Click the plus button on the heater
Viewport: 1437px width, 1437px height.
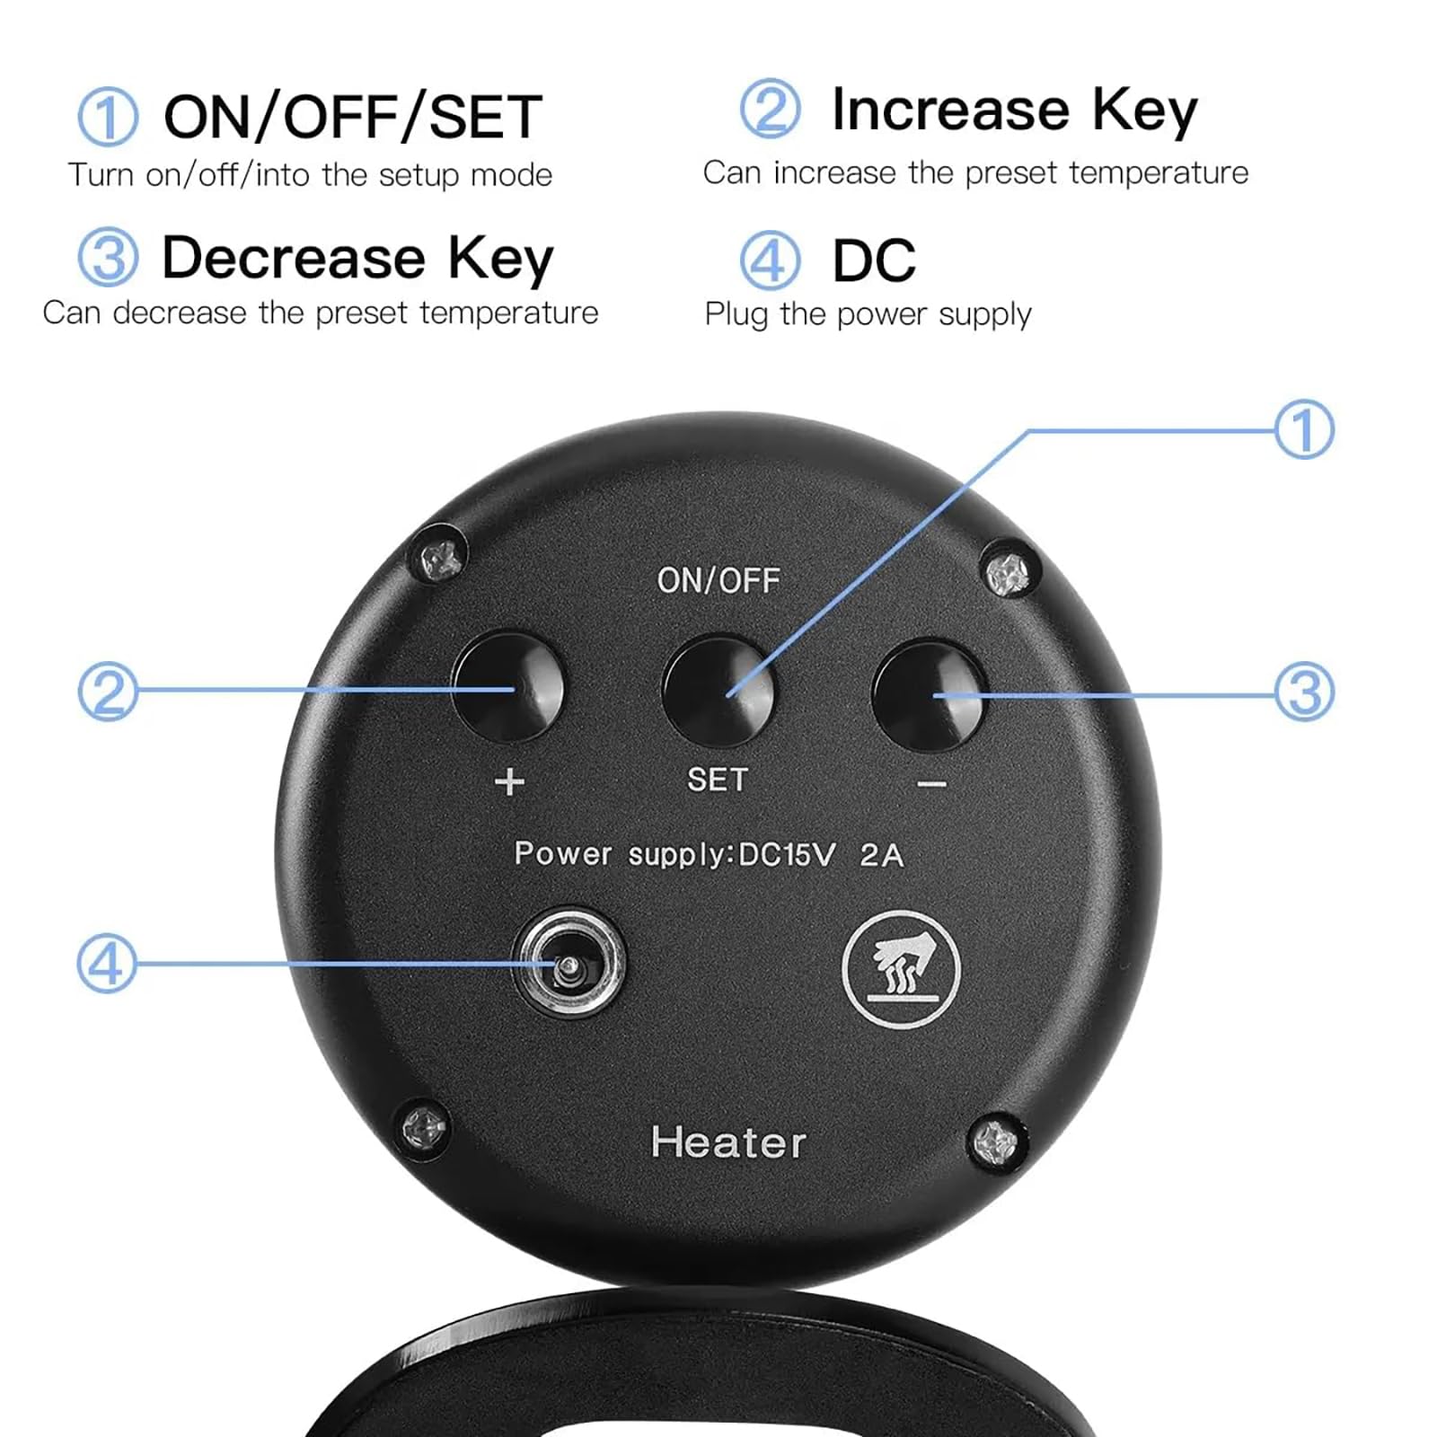508,687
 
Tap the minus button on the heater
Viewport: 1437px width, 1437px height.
930,693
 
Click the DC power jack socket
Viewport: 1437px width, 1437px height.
568,963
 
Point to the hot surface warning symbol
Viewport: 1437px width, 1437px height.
901,969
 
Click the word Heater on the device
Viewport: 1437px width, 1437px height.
728,1142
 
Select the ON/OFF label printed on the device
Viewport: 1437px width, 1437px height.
718,580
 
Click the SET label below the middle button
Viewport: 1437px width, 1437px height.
717,779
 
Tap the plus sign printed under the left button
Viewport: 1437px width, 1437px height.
509,781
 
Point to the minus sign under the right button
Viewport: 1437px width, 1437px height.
932,785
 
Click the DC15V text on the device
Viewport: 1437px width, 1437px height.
787,854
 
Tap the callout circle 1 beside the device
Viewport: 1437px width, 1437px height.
1304,429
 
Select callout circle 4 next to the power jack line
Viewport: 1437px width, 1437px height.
107,963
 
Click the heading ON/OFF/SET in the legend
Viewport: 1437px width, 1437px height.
352,117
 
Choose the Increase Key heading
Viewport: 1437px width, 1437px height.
1015,110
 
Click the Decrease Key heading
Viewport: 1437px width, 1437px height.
357,259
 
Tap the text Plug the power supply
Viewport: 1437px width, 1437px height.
868,314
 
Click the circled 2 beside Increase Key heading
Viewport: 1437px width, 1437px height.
770,109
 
